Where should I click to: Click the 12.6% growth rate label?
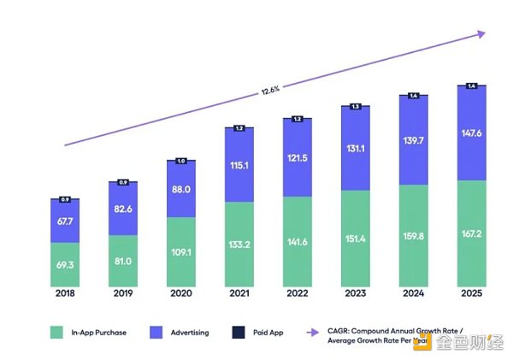(x=270, y=87)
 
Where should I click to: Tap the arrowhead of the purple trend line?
(x=481, y=34)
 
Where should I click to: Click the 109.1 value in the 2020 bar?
(x=180, y=253)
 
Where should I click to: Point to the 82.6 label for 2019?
(x=122, y=209)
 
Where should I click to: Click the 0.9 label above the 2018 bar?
(x=64, y=199)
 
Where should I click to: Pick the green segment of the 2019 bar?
(x=122, y=261)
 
